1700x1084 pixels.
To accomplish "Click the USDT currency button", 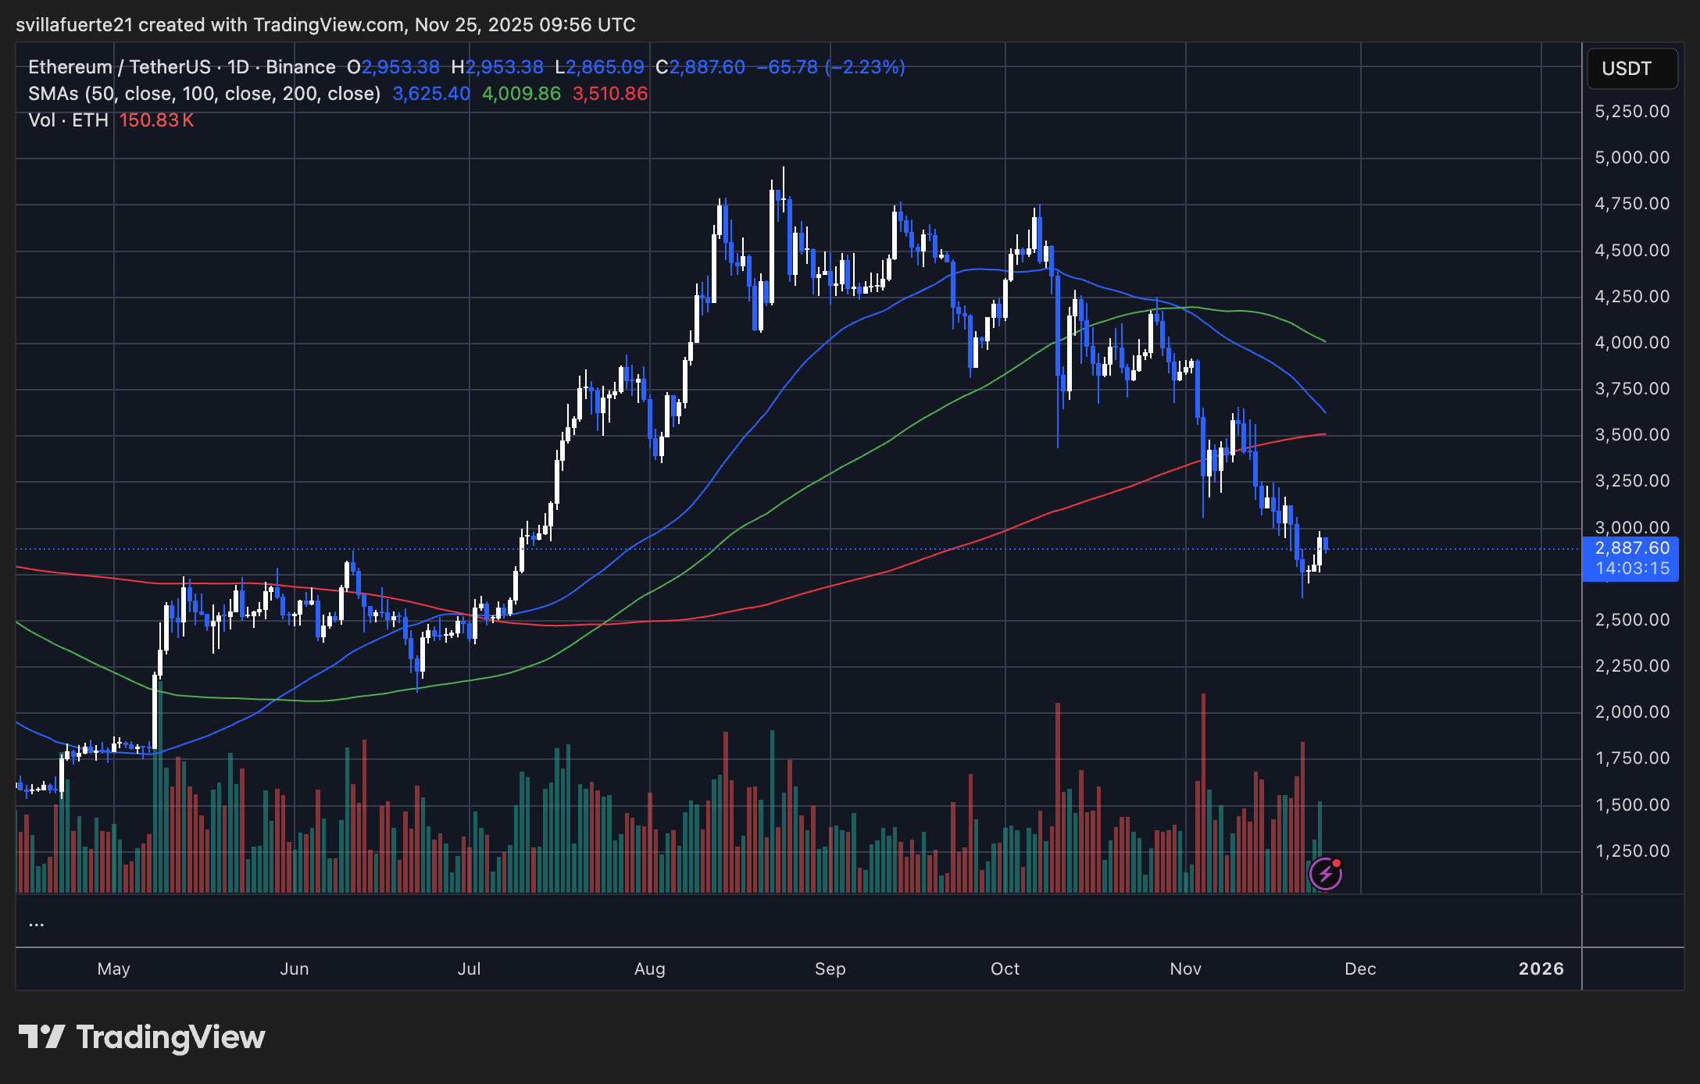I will (x=1631, y=69).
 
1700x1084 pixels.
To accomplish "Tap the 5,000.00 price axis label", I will (x=1632, y=158).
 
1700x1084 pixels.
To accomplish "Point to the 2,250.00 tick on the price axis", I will (x=1632, y=666).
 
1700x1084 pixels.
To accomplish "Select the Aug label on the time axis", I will (x=649, y=969).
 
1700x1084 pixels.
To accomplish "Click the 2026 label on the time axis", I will (x=1541, y=969).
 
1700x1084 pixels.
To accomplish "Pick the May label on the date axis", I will (x=113, y=969).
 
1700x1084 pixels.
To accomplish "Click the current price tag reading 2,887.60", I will (x=1632, y=548).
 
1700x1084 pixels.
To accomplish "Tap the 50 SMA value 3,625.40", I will (x=431, y=94).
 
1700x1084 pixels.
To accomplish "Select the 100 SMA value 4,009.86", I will (x=521, y=94).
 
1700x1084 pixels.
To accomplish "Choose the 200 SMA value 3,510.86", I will (x=610, y=94).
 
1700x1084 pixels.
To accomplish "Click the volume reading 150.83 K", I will (x=156, y=120).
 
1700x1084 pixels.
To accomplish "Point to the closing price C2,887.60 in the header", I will (x=701, y=67).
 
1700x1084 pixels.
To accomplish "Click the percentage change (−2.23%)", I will (x=866, y=67).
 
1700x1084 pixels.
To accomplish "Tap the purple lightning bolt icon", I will (x=1325, y=874).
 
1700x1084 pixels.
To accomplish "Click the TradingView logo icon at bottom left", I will (x=41, y=1037).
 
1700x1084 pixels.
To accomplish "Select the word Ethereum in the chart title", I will (x=70, y=67).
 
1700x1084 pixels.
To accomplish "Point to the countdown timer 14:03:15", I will (x=1632, y=569).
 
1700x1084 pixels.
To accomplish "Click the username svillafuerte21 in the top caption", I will (x=74, y=25).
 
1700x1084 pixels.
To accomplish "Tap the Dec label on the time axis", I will (x=1360, y=969).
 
